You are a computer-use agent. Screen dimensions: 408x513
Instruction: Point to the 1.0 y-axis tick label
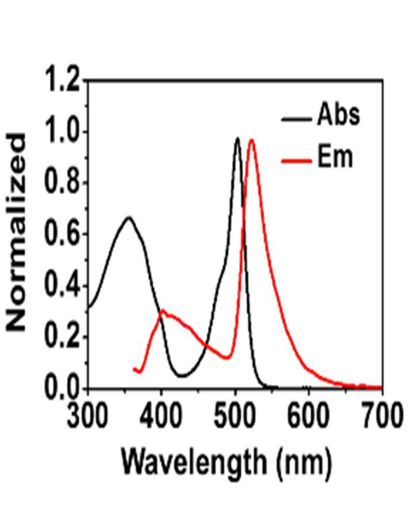[x=62, y=132]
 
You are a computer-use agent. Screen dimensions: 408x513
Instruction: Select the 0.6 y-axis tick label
[x=62, y=233]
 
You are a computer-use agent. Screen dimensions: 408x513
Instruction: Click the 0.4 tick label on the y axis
[x=62, y=285]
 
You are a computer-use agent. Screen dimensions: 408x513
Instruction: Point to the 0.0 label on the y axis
[x=62, y=388]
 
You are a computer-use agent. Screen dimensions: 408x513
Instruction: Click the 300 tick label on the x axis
[x=88, y=416]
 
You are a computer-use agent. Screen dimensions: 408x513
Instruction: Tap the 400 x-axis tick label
[x=161, y=416]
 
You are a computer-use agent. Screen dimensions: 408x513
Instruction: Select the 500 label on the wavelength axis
[x=235, y=416]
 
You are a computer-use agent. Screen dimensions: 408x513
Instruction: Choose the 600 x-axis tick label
[x=308, y=416]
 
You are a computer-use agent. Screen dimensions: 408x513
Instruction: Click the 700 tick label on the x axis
[x=381, y=416]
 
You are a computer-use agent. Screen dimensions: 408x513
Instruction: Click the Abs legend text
[x=338, y=114]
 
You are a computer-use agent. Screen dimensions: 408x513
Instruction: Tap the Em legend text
[x=335, y=156]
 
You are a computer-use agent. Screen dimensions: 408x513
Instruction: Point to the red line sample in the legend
[x=296, y=160]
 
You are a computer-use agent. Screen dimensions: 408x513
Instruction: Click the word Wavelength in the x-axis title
[x=195, y=462]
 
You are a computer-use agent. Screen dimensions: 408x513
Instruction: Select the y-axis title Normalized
[x=16, y=233]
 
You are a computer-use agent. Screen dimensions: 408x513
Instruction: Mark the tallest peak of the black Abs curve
[x=237, y=138]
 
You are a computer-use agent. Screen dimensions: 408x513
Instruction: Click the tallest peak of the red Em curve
[x=252, y=140]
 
